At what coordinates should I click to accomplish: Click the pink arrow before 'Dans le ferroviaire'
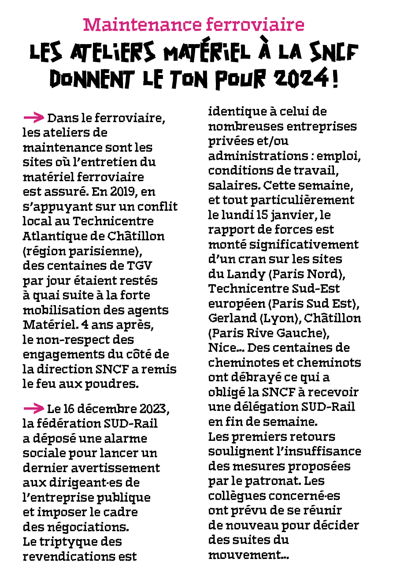(33, 117)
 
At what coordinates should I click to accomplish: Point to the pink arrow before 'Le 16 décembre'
(33, 408)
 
